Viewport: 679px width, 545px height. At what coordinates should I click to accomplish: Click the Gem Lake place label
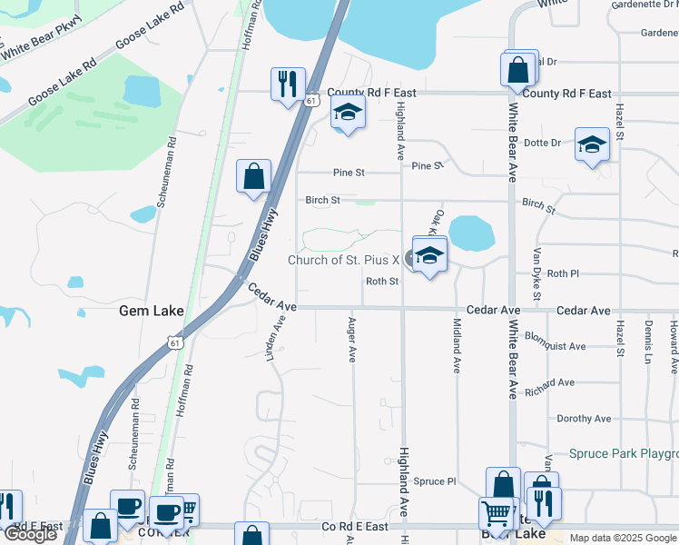click(x=152, y=311)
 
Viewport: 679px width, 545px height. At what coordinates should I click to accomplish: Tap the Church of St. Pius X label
click(x=344, y=260)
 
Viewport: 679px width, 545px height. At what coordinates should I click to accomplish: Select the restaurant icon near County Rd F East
click(x=287, y=84)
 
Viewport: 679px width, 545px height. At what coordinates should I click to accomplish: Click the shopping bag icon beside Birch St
click(x=253, y=176)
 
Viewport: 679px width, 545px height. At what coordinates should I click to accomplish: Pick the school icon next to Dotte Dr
click(x=592, y=144)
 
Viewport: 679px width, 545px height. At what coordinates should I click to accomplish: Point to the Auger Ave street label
click(x=352, y=339)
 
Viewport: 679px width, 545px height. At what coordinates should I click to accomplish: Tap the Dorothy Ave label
click(x=584, y=419)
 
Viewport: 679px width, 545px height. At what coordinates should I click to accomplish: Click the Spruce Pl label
click(x=434, y=481)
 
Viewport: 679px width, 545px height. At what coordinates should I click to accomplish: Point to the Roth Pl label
click(x=563, y=273)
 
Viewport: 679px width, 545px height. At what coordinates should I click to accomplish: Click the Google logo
click(x=30, y=533)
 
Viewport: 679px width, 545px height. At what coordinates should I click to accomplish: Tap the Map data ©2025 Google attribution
click(x=622, y=538)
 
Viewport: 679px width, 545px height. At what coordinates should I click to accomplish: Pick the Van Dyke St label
click(x=536, y=273)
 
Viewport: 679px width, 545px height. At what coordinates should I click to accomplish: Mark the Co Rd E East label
click(x=355, y=526)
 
